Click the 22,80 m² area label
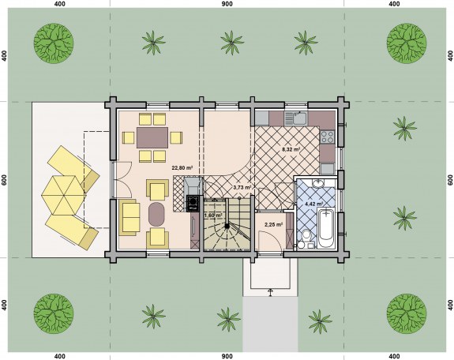click(x=182, y=167)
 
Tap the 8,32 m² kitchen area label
click(x=291, y=149)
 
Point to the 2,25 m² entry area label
click(x=274, y=224)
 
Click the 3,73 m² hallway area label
click(x=242, y=187)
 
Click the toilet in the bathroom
click(x=305, y=239)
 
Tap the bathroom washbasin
click(x=318, y=183)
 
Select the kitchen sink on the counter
click(x=295, y=118)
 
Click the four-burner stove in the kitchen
click(x=327, y=137)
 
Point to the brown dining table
click(x=152, y=137)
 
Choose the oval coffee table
click(x=156, y=214)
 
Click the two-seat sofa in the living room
click(x=129, y=217)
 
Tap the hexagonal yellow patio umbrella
click(x=64, y=195)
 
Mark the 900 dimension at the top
click(x=227, y=4)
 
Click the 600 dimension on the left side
click(x=4, y=180)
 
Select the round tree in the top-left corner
click(x=54, y=43)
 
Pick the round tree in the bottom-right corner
click(x=407, y=314)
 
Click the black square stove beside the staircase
click(x=193, y=204)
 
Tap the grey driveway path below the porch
click(x=270, y=324)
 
